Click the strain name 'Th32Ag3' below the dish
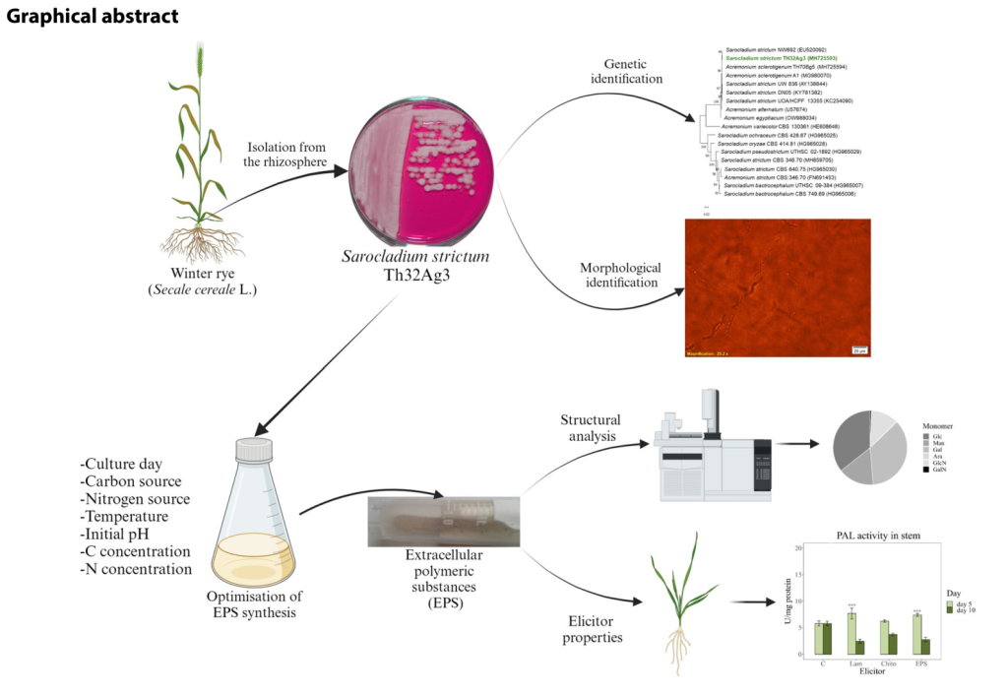(x=414, y=276)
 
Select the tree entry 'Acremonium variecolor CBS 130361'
(x=782, y=127)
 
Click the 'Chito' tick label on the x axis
(x=889, y=664)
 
